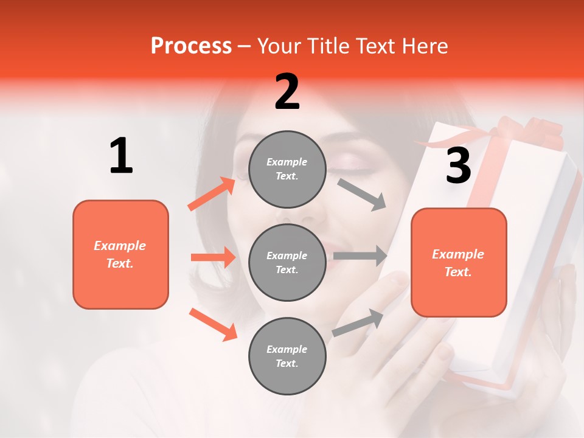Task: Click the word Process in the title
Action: coord(191,46)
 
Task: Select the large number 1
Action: coord(121,156)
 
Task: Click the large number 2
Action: coord(287,92)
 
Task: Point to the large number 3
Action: coord(458,165)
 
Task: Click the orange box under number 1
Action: coord(120,254)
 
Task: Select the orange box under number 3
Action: coord(459,262)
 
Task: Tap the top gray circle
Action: coord(288,169)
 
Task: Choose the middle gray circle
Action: coord(288,262)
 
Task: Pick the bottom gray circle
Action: coord(288,356)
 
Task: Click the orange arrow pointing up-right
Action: coord(212,194)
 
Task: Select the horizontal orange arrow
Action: coord(213,257)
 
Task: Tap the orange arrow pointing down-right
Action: coord(213,324)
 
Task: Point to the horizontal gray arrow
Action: coord(360,255)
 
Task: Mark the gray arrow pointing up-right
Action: coord(358,322)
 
